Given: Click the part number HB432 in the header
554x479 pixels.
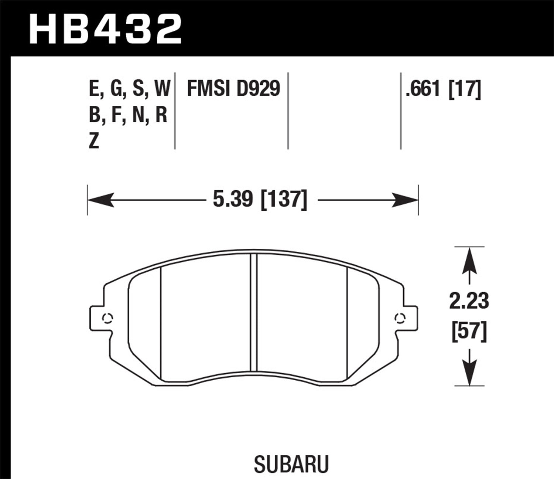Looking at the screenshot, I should point(106,29).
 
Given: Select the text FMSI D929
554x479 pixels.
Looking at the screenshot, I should point(233,89).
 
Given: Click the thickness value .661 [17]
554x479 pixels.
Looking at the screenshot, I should point(443,89).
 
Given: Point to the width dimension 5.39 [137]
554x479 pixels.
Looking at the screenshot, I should point(260,200).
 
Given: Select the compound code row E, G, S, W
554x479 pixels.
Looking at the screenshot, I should point(129,89).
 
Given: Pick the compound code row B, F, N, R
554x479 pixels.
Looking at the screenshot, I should point(128,115).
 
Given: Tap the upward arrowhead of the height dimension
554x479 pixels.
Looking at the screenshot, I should point(469,261).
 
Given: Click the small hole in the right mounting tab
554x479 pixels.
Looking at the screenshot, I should point(399,317).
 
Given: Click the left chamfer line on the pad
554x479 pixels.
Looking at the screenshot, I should point(162,323).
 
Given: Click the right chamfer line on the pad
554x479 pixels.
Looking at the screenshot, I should point(348,323).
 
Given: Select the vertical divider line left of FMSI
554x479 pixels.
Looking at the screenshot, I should point(175,111).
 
